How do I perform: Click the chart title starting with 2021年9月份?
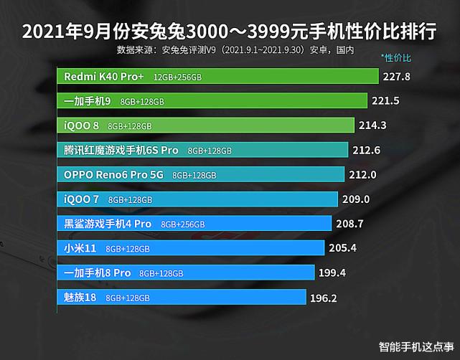pos(230,32)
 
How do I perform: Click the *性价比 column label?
pos(396,57)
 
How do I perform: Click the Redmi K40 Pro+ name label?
pos(103,76)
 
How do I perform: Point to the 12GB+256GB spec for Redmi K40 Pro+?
pos(187,77)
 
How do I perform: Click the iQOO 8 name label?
pos(83,125)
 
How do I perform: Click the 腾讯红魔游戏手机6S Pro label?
pos(121,151)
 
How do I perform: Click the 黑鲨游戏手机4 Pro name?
pos(107,224)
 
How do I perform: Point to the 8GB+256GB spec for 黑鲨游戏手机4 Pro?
pos(183,224)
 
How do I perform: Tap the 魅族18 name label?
pos(80,297)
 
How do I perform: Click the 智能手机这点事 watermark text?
pos(414,344)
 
